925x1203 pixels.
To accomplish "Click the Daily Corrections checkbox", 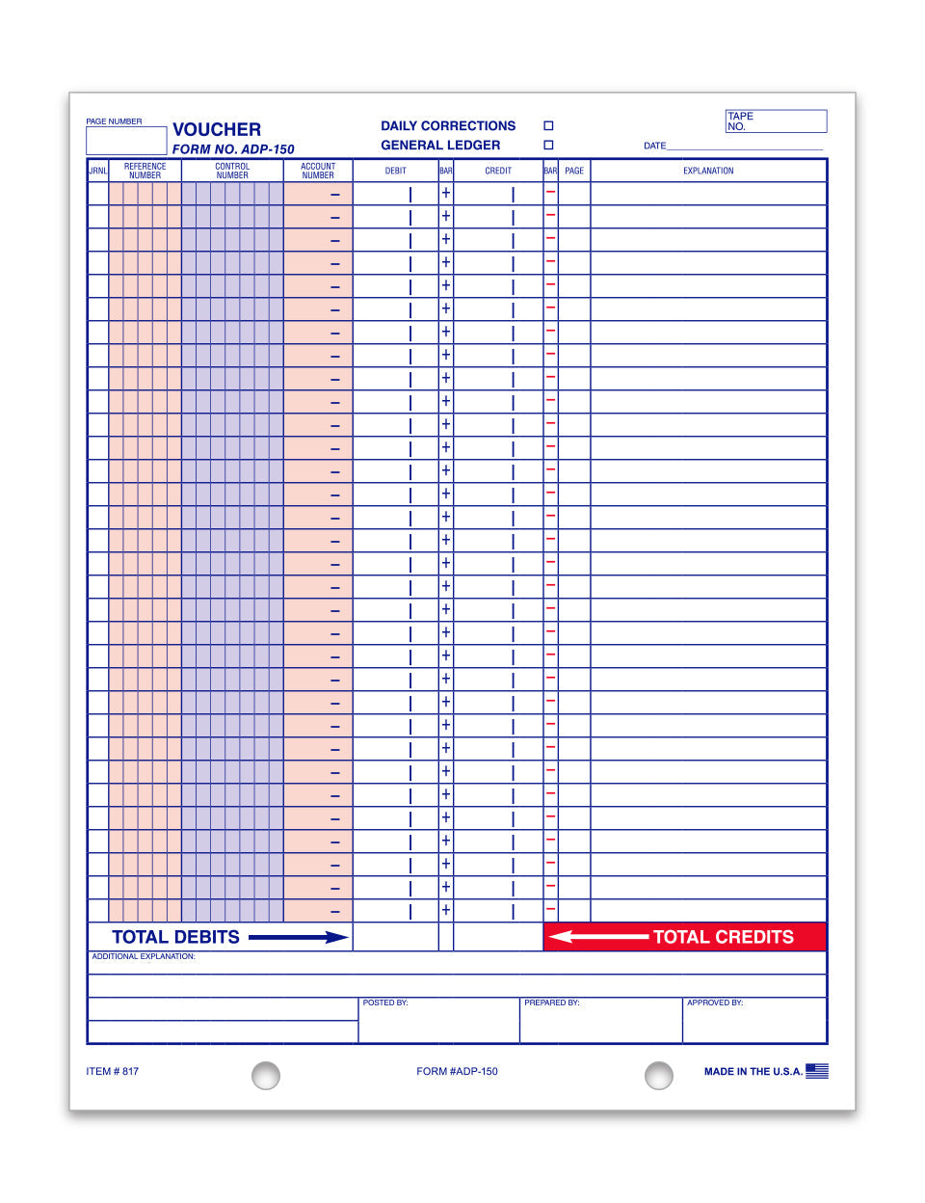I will pyautogui.click(x=548, y=126).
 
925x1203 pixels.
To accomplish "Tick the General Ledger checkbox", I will pyautogui.click(x=548, y=146).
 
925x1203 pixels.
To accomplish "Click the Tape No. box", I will pyautogui.click(x=776, y=121).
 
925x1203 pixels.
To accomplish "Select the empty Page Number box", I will pyautogui.click(x=126, y=141).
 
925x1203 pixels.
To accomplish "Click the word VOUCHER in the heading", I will pyautogui.click(x=217, y=129).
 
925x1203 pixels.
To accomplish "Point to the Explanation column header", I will pyautogui.click(x=708, y=171).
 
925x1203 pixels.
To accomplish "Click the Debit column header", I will pyautogui.click(x=396, y=171).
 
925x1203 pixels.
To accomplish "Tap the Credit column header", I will pyautogui.click(x=498, y=171).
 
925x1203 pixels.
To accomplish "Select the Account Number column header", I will pyautogui.click(x=318, y=171).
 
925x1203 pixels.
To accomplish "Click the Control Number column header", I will pyautogui.click(x=232, y=171).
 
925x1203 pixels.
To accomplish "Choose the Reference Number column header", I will pyautogui.click(x=145, y=171).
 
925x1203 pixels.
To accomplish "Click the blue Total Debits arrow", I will pyautogui.click(x=298, y=937).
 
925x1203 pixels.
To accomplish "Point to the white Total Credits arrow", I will pyautogui.click(x=598, y=937).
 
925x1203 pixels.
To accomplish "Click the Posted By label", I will pyautogui.click(x=385, y=1003).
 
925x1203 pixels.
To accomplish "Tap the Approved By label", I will pyautogui.click(x=715, y=1003).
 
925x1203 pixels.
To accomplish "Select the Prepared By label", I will pyautogui.click(x=552, y=1003).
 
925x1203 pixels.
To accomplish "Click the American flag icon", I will pyautogui.click(x=817, y=1071).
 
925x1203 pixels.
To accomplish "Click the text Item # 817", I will pyautogui.click(x=113, y=1072).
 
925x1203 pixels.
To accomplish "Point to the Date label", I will pyautogui.click(x=655, y=146).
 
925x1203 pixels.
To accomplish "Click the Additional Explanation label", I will pyautogui.click(x=144, y=957).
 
